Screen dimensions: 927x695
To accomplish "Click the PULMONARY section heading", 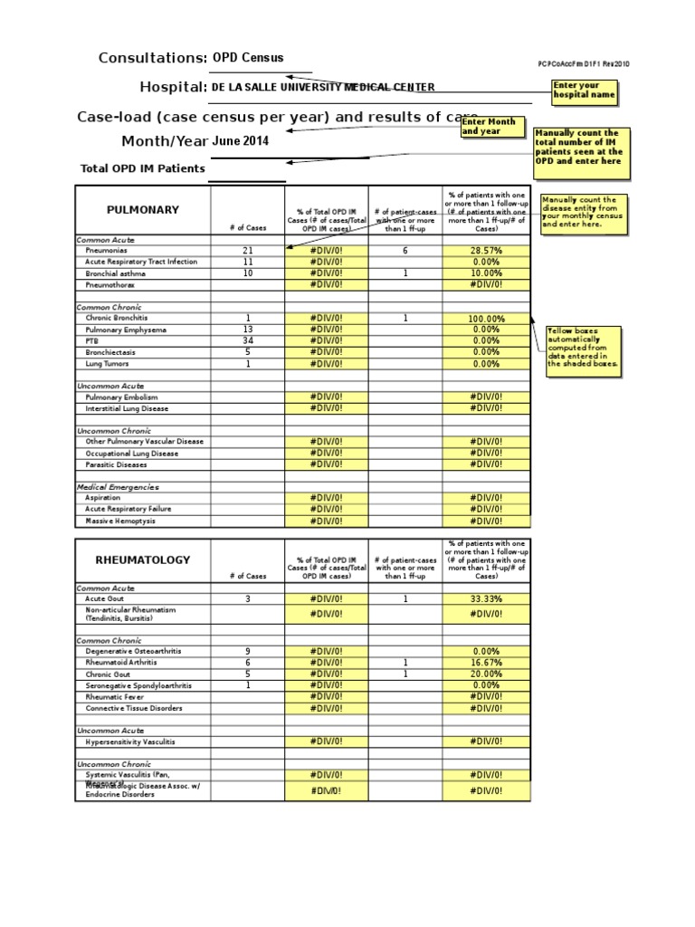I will point(142,210).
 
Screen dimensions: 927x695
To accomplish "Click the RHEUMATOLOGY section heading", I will point(143,559).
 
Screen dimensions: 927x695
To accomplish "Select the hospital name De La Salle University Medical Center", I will point(323,87).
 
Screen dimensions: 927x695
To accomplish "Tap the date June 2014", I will point(241,141).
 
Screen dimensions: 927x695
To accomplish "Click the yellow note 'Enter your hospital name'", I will point(585,90).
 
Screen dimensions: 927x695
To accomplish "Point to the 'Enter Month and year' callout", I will point(490,126).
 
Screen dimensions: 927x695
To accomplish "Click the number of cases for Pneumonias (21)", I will point(247,251).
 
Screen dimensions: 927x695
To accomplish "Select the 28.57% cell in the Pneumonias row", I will point(486,251).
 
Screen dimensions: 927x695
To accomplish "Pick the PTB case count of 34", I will point(247,340).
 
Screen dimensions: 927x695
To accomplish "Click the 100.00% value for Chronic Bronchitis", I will point(486,319).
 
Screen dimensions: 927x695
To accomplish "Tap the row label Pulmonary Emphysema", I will point(128,330).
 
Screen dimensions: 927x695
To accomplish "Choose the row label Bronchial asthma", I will point(115,273).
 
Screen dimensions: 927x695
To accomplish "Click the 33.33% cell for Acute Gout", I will point(486,599).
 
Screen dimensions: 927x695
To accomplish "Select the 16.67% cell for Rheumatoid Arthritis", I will point(486,663).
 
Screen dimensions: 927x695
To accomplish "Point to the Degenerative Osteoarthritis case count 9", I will point(247,651).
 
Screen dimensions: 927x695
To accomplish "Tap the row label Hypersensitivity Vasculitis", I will point(130,741).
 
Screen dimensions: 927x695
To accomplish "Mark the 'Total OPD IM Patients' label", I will point(142,168).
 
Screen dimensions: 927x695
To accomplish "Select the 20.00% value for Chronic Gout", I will point(486,674).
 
